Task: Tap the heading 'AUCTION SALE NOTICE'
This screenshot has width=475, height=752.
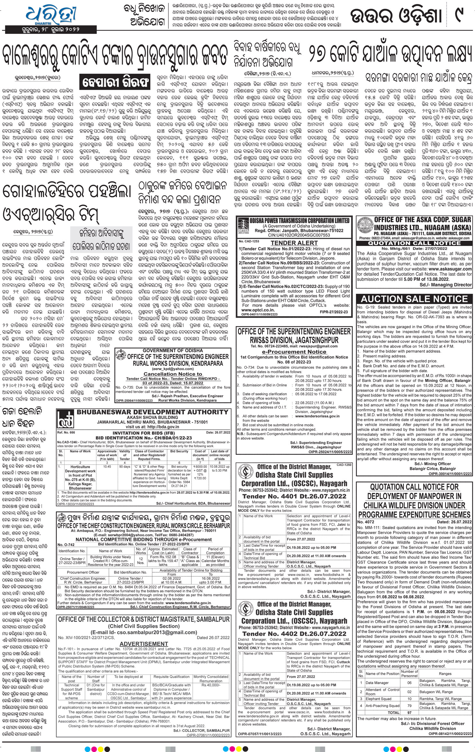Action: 414,299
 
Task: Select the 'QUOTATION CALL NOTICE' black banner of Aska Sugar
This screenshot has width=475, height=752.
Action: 414,243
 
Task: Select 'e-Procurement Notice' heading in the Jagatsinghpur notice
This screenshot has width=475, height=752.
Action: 294,352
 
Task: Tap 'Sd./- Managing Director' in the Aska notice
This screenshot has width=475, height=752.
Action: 445,285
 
